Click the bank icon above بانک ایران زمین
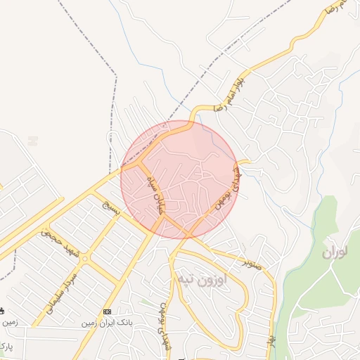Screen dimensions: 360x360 (x=107, y=311)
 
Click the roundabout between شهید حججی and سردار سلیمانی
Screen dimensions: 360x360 (x=85, y=259)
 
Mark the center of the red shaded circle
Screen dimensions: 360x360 (x=180, y=179)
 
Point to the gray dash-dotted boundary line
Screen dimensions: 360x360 (x=112, y=105)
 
